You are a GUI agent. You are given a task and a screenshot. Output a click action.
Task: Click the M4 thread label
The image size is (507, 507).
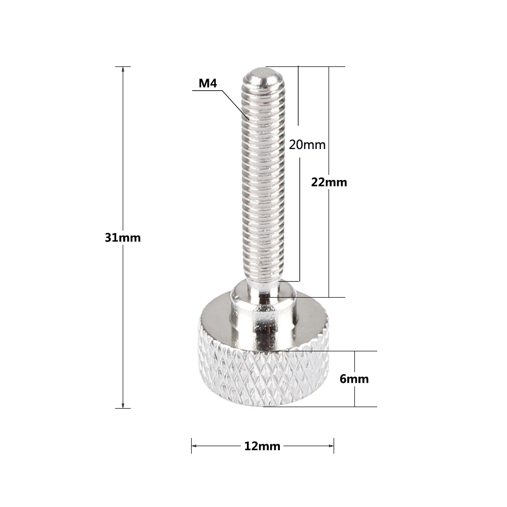pyautogui.click(x=207, y=84)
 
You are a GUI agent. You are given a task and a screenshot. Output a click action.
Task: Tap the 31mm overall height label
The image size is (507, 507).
pyautogui.click(x=123, y=237)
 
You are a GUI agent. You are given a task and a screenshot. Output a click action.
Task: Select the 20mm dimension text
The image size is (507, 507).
pyautogui.click(x=307, y=144)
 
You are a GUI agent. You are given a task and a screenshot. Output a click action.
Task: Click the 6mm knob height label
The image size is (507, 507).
pyautogui.click(x=354, y=379)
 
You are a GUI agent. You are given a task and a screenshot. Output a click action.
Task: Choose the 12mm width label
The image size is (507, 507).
pyautogui.click(x=262, y=446)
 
